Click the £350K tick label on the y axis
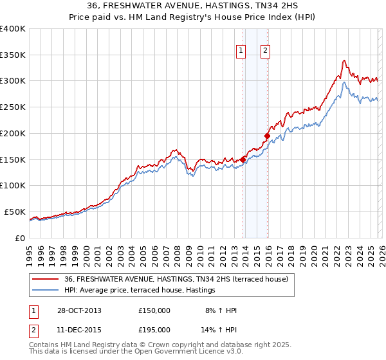pos(13,55)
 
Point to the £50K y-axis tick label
pos(15,212)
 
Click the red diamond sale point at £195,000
pos(267,136)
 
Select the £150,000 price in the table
pos(154,310)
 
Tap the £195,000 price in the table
pos(154,329)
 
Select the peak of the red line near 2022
pos(344,60)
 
